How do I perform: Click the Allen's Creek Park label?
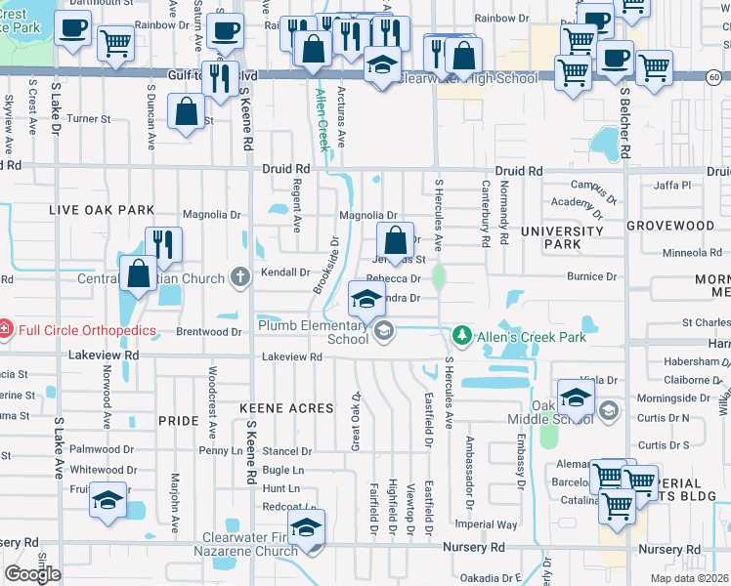tap(537, 338)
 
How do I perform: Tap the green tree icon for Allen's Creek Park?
tap(463, 338)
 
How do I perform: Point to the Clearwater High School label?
tap(470, 77)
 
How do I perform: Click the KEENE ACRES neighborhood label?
tap(286, 406)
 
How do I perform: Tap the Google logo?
tap(32, 574)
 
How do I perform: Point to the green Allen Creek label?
tap(322, 120)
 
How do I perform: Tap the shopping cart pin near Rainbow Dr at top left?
tap(116, 42)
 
